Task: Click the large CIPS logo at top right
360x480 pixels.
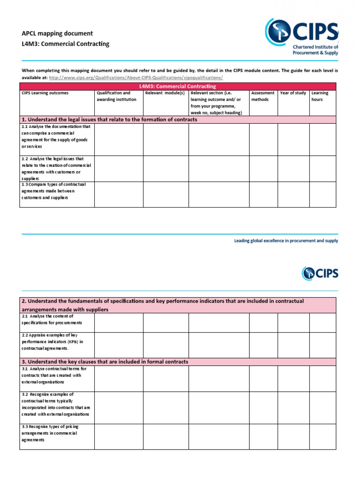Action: (x=301, y=37)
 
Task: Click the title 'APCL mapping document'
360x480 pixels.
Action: (x=57, y=33)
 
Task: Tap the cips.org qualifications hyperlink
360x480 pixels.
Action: (x=135, y=77)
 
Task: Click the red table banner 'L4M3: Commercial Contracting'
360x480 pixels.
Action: (x=178, y=86)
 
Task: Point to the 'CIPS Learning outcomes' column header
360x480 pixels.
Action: (x=45, y=93)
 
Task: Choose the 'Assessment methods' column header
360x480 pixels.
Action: (x=262, y=96)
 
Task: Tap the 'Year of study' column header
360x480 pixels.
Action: (x=293, y=93)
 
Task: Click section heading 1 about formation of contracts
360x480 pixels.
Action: (x=110, y=120)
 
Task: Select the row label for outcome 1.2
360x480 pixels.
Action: (x=56, y=168)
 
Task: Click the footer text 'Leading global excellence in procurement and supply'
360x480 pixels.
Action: (x=286, y=240)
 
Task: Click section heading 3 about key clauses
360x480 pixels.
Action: (x=105, y=361)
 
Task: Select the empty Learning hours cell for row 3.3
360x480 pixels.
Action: (x=322, y=436)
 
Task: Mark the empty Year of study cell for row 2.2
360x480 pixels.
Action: (x=293, y=345)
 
